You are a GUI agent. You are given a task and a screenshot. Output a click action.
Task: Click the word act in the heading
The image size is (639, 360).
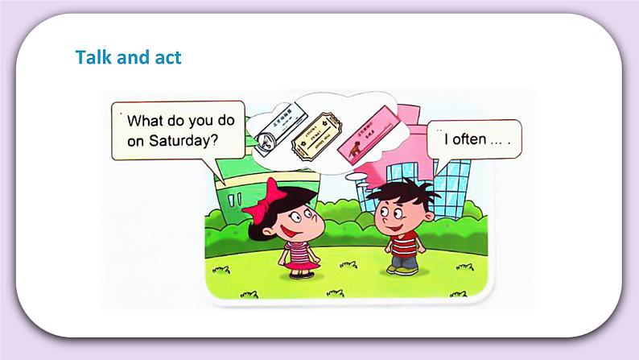click(x=166, y=58)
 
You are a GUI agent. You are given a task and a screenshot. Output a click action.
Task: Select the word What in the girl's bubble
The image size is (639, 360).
click(x=146, y=122)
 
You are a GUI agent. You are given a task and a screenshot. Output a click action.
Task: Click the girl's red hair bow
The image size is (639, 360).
click(x=268, y=200)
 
